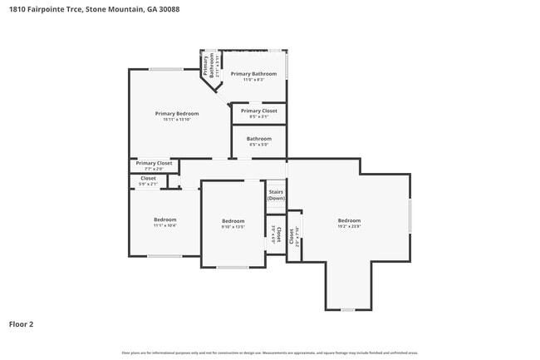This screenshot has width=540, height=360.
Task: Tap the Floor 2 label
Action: [21, 324]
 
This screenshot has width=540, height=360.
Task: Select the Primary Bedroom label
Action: [177, 113]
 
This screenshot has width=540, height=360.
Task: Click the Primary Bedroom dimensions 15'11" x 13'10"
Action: [177, 119]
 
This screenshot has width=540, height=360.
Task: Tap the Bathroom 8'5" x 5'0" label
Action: [258, 141]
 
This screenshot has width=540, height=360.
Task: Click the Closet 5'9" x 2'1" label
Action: [148, 180]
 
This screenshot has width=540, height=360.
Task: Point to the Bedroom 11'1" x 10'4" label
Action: [164, 222]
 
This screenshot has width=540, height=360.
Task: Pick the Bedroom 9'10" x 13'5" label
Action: [233, 223]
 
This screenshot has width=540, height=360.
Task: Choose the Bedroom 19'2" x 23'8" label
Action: [349, 223]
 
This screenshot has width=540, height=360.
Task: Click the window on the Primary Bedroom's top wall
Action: [166, 69]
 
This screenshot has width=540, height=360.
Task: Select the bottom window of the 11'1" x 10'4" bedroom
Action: [164, 256]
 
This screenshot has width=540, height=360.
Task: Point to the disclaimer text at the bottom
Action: [270, 353]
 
